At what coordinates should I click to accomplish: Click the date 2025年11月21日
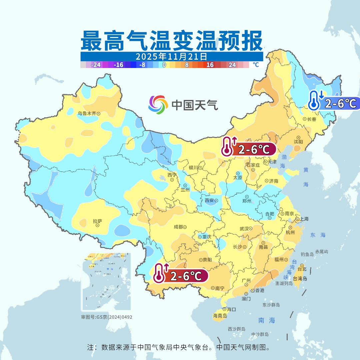171,56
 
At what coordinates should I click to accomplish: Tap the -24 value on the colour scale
96,65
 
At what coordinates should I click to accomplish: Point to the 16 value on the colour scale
210,65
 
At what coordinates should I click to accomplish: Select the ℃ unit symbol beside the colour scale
255,65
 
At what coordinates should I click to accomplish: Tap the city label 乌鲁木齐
87,113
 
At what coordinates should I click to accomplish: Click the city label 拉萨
97,221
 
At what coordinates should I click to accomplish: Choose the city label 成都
178,227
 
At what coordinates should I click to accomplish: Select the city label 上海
304,219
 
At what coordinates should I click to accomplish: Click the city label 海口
231,309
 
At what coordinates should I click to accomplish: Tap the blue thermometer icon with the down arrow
314,100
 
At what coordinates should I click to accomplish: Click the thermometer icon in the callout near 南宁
160,273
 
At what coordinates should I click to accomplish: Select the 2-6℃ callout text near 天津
254,150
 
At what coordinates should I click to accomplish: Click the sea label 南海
267,320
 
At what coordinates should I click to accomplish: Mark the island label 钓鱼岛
307,254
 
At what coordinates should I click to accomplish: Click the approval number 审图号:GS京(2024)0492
107,317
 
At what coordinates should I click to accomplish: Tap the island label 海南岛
220,316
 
